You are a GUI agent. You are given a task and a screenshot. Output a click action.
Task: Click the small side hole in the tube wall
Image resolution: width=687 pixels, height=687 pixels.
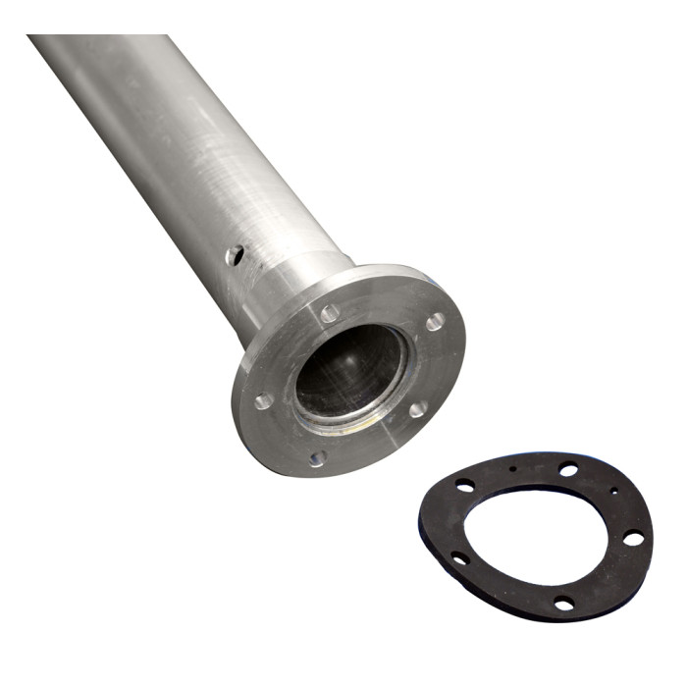click(x=234, y=255)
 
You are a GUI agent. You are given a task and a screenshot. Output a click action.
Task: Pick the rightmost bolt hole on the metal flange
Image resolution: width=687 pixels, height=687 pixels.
click(x=435, y=321)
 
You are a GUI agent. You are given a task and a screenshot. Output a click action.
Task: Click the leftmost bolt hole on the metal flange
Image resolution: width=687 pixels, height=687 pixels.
click(x=263, y=400)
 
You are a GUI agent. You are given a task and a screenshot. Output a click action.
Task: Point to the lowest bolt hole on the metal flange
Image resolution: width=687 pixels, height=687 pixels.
click(x=317, y=458)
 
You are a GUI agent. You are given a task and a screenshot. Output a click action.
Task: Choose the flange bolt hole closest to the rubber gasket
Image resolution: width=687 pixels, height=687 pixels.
click(x=417, y=408)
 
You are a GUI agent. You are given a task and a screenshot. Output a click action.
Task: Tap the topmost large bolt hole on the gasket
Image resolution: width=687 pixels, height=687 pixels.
click(x=568, y=469)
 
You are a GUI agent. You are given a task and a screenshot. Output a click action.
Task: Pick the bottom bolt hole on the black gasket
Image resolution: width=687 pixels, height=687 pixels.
click(x=563, y=603)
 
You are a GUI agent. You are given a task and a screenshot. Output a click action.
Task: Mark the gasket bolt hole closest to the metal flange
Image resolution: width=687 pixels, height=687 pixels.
click(x=464, y=485)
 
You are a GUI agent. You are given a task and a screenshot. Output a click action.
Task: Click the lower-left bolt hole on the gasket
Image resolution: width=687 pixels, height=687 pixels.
click(x=459, y=557)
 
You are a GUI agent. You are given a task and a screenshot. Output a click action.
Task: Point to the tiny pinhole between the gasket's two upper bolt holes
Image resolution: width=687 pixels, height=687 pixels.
click(x=513, y=469)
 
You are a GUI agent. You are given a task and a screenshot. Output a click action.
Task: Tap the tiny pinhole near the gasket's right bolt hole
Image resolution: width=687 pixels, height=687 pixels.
click(x=614, y=490)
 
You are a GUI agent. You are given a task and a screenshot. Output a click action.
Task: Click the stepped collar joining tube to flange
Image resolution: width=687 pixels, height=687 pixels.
click(x=294, y=285)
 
